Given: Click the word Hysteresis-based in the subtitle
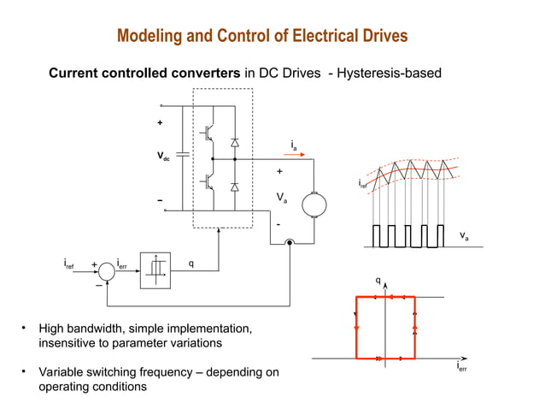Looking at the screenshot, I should [391, 74].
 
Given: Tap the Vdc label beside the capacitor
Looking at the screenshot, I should [162, 157].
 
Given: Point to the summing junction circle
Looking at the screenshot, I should [106, 271].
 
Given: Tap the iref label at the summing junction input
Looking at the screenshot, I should [68, 265].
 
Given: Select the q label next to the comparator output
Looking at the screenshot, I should [190, 263].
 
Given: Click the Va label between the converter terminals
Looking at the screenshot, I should [281, 198].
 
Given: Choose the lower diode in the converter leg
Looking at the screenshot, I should [234, 186].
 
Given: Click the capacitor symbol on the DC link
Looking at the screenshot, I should [182, 157].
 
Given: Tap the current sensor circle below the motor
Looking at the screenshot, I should [290, 243].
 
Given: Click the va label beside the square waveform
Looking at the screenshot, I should [463, 234].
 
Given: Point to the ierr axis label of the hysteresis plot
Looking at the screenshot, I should [461, 367].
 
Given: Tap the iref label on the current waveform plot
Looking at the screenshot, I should [362, 183].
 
